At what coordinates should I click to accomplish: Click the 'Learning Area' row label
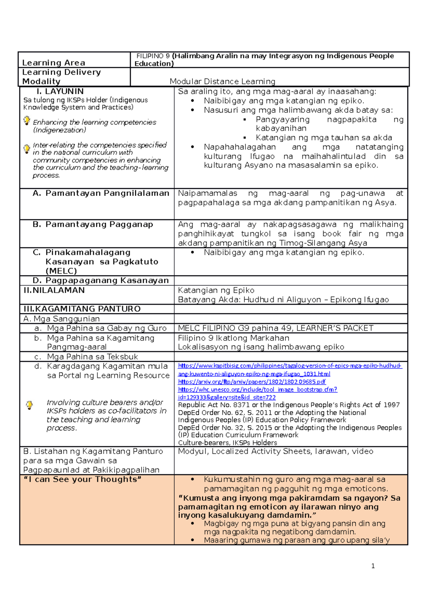(x=54, y=63)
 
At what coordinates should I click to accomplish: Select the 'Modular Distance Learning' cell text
(x=222, y=81)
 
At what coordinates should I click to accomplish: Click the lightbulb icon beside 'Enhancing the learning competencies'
(x=27, y=121)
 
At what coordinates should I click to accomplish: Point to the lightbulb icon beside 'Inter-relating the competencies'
(x=27, y=148)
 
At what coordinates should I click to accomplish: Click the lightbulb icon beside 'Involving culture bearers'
(x=30, y=405)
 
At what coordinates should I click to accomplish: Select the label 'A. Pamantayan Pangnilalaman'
(x=101, y=193)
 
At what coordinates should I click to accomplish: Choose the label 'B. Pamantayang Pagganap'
(x=93, y=224)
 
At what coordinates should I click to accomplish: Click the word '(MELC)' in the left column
(x=61, y=271)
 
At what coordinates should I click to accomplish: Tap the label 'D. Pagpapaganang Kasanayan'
(x=100, y=280)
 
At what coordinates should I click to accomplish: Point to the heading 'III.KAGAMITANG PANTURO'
(x=82, y=309)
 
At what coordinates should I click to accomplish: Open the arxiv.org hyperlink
(x=252, y=382)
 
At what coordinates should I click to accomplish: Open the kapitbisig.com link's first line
(x=290, y=366)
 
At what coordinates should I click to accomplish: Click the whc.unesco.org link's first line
(x=257, y=389)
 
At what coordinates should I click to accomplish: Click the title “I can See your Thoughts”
(x=82, y=479)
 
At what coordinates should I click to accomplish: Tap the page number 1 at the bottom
(x=373, y=566)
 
